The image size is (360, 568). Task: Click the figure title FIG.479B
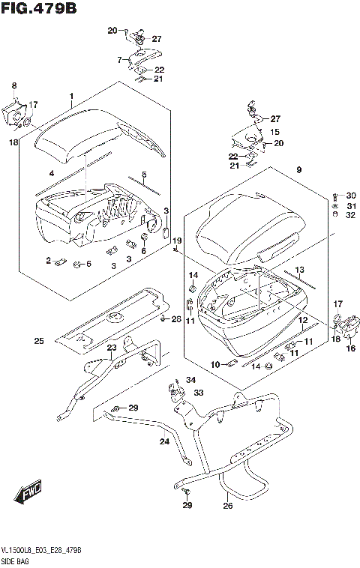(x=39, y=9)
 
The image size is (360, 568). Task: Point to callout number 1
(x=71, y=97)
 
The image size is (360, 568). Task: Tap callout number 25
(x=38, y=342)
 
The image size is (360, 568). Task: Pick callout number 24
(x=165, y=441)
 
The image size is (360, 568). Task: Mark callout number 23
(x=111, y=348)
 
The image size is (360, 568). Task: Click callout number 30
(x=351, y=196)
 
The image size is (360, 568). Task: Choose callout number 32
(x=351, y=217)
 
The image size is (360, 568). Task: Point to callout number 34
(x=190, y=380)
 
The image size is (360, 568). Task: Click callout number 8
(x=13, y=86)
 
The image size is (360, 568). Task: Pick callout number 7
(x=118, y=59)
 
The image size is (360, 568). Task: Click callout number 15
(x=274, y=131)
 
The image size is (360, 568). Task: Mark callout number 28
(x=176, y=320)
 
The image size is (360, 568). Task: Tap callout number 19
(x=177, y=240)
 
